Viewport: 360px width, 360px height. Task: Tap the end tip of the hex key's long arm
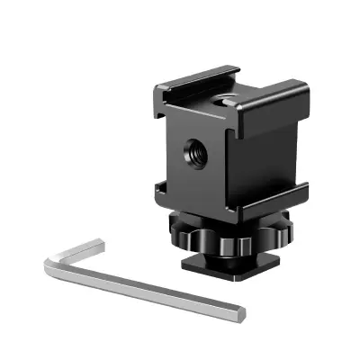[241, 312]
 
